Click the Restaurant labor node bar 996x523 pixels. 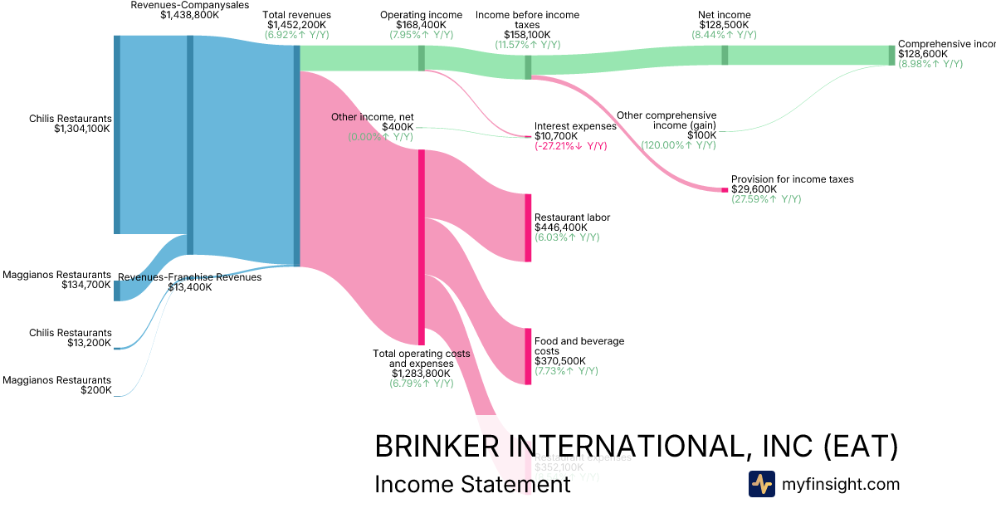pyautogui.click(x=527, y=227)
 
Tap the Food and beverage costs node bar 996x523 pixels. pyautogui.click(x=527, y=356)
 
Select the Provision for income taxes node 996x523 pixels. pyautogui.click(x=724, y=190)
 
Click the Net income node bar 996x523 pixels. pyautogui.click(x=725, y=55)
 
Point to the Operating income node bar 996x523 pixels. pyautogui.click(x=422, y=57)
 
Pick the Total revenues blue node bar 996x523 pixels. pyautogui.click(x=296, y=156)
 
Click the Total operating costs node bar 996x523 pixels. pyautogui.click(x=422, y=247)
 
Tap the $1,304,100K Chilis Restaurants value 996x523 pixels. pyautogui.click(x=82, y=129)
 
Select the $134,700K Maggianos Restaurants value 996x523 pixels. pyautogui.click(x=86, y=285)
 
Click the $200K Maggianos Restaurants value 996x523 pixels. pyautogui.click(x=95, y=390)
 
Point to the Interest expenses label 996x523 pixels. pyautogui.click(x=575, y=126)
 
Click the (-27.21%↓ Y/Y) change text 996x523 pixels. pyautogui.click(x=571, y=146)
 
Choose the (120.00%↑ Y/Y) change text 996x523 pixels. pyautogui.click(x=678, y=145)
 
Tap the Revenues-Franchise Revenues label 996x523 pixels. pyautogui.click(x=189, y=277)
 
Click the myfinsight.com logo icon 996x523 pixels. pyautogui.click(x=761, y=484)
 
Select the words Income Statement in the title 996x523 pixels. pyautogui.click(x=472, y=484)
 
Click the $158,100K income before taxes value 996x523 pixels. pyautogui.click(x=527, y=35)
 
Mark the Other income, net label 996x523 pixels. pyautogui.click(x=373, y=117)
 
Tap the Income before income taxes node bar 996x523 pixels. pyautogui.click(x=528, y=67)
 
